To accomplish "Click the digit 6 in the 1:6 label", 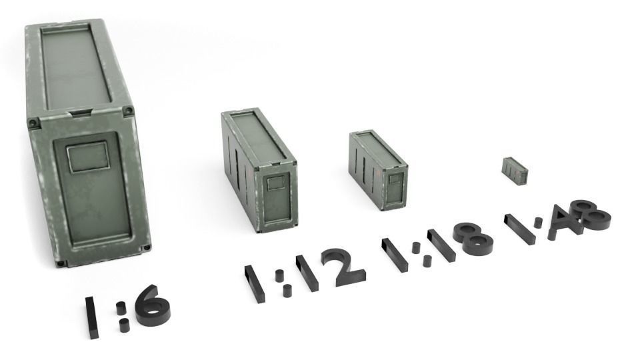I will [153, 307].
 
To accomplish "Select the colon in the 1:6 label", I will [122, 317].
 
